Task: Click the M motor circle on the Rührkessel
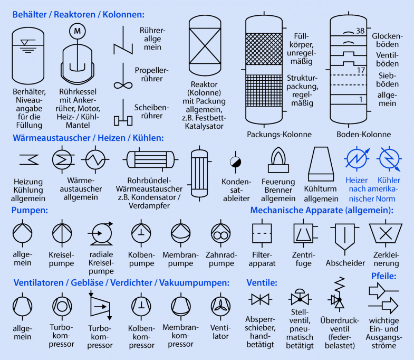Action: (78, 31)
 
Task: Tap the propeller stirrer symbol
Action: (123, 77)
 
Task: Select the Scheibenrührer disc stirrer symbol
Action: (123, 113)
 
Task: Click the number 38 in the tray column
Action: (360, 31)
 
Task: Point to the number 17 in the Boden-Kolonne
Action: (361, 70)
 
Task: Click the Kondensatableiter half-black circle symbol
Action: (235, 162)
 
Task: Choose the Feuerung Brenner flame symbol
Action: (278, 160)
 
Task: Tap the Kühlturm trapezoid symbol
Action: (321, 164)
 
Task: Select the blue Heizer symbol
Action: (357, 159)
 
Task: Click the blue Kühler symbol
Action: (389, 159)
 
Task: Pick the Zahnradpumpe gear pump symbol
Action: (221, 233)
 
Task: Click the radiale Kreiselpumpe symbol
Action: (101, 233)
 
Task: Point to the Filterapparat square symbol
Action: (262, 233)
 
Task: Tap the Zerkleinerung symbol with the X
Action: (386, 233)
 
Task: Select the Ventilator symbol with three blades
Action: (220, 307)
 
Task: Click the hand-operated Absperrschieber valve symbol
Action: (260, 299)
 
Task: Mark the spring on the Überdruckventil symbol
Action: (340, 286)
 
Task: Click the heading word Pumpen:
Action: (30, 211)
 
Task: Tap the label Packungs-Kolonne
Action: (279, 134)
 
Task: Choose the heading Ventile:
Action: (262, 283)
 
